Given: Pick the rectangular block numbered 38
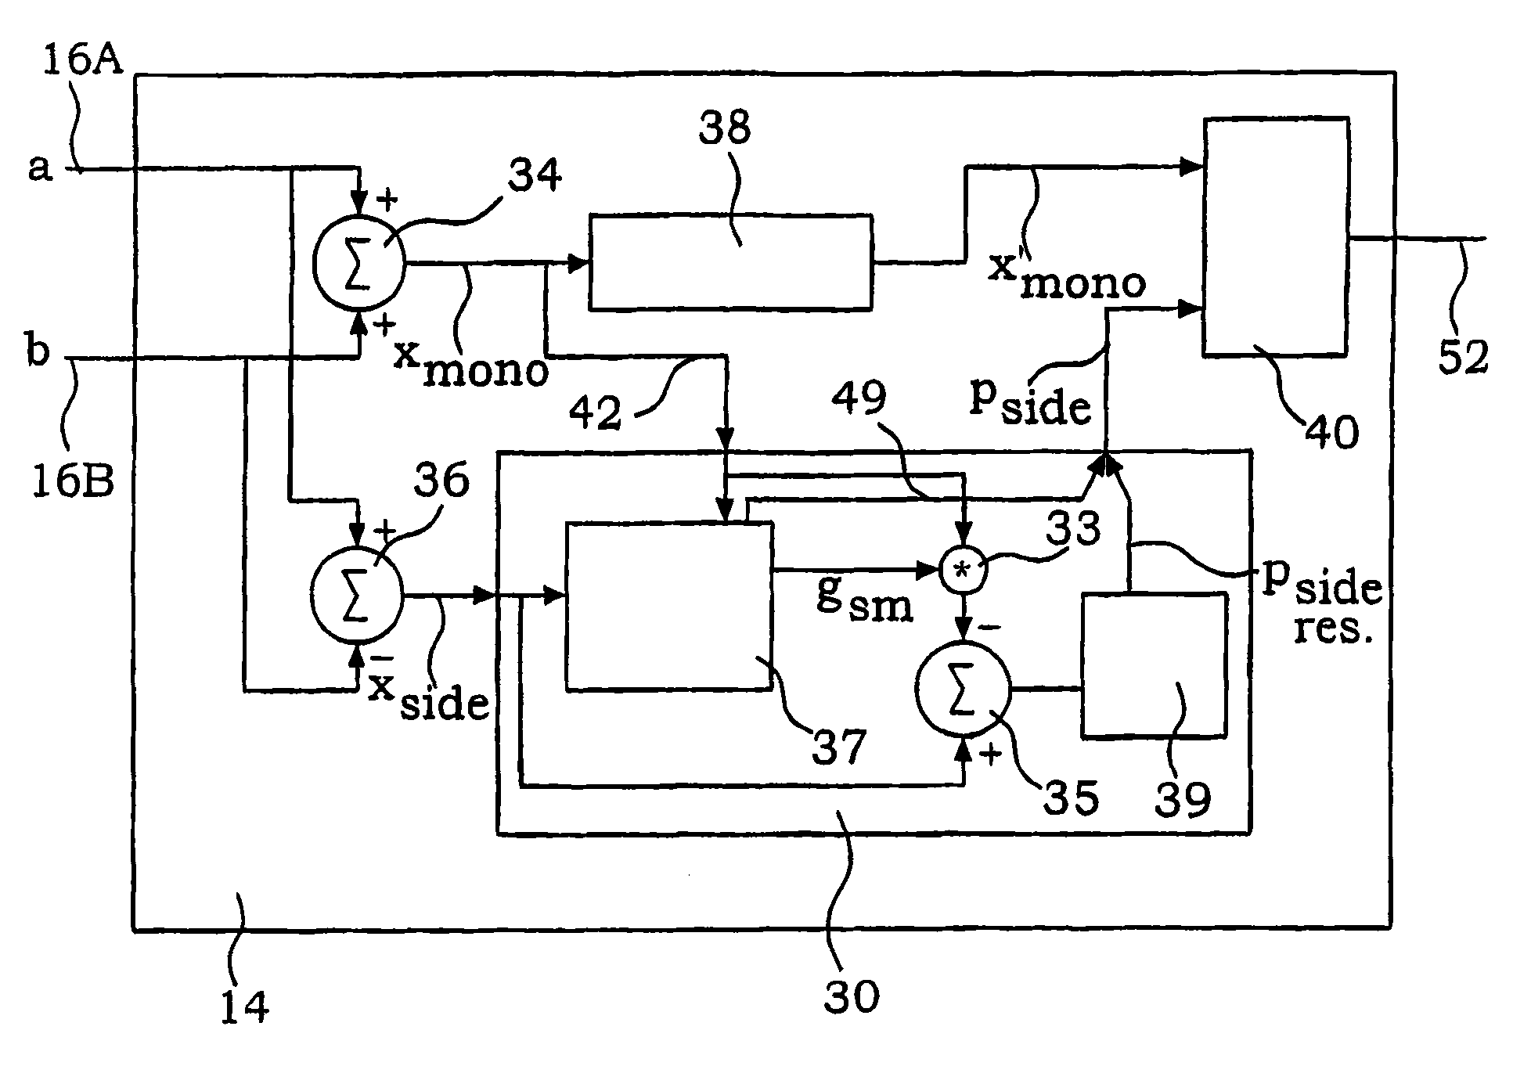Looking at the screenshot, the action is point(730,261).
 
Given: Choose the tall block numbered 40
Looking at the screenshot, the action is point(1275,236).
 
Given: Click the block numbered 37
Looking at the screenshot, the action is point(669,607).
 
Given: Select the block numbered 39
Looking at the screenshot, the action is point(1153,664).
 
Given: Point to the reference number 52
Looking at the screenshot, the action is point(1461,356).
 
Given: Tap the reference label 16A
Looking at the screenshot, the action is point(83,58).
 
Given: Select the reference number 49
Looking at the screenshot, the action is point(859,398).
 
